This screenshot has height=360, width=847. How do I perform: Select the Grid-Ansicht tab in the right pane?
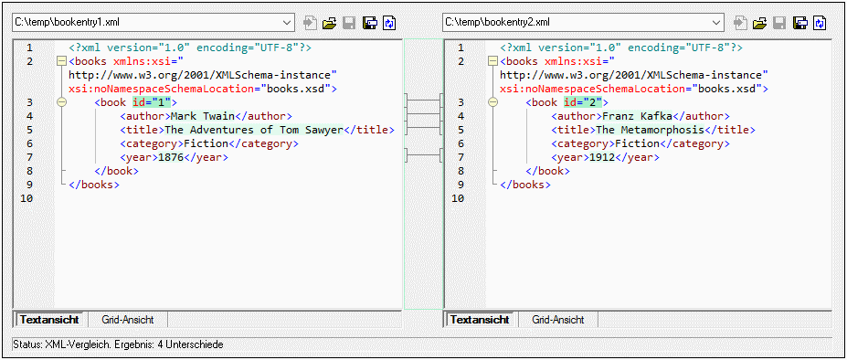pos(557,320)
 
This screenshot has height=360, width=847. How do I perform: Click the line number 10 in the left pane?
pos(26,198)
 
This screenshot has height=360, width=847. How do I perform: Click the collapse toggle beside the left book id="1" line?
pos(61,102)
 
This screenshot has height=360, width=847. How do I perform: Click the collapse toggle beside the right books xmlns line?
pos(493,61)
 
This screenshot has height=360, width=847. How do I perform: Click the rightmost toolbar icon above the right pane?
pos(820,22)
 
